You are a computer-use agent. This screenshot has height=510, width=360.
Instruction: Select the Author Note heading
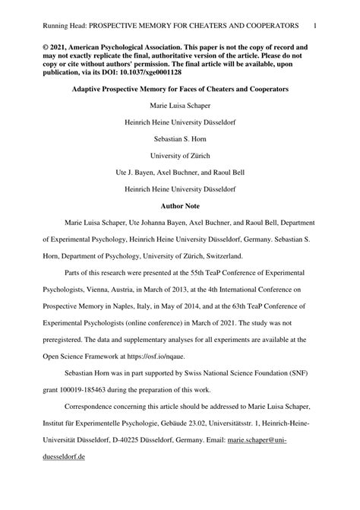(x=180, y=206)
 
